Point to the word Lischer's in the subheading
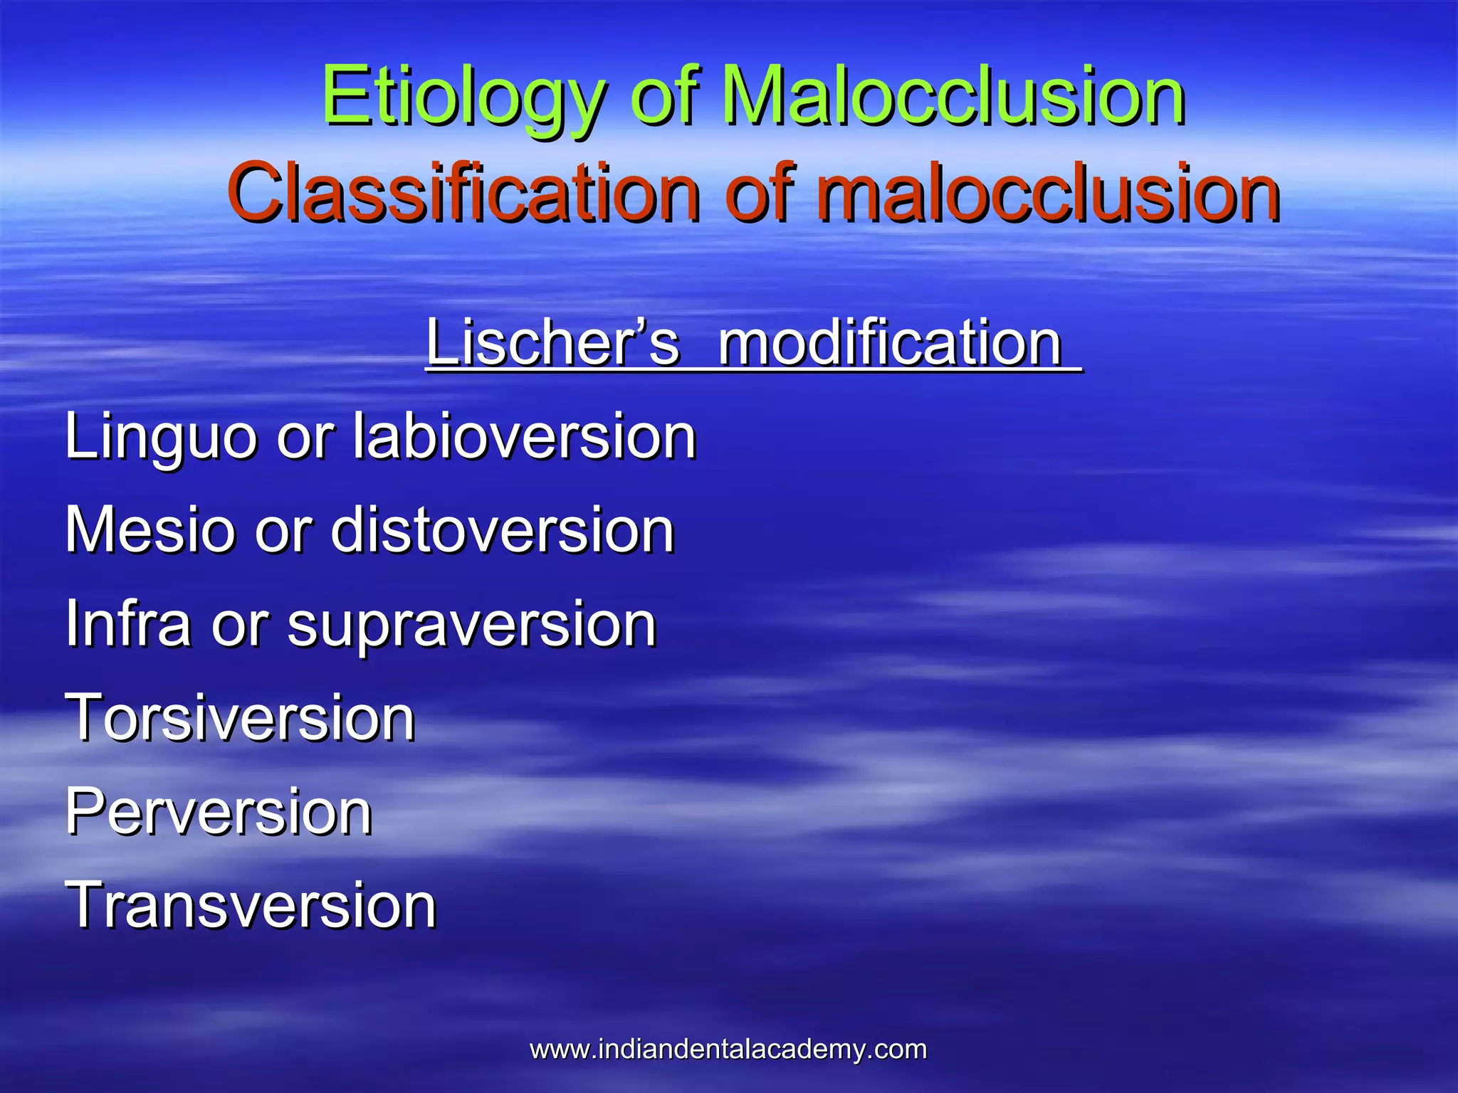(x=552, y=344)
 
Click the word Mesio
(x=149, y=530)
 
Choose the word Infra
(x=127, y=624)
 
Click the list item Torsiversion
(x=240, y=718)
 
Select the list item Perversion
(x=219, y=812)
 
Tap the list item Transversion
(x=251, y=906)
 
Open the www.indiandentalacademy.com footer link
(x=728, y=1050)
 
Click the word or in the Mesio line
(x=283, y=530)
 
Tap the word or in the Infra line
(x=238, y=624)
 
